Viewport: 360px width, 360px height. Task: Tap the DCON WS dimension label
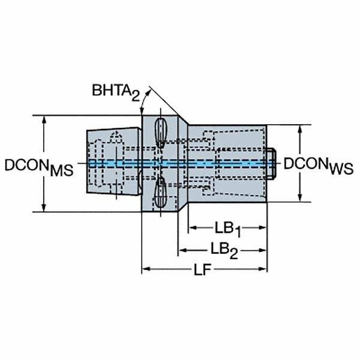point(318,164)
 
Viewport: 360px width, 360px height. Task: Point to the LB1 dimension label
point(227,229)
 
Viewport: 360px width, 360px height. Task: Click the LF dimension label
point(204,269)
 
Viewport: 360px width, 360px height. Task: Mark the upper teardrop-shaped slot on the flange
point(161,132)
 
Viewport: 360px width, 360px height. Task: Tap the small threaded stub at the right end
point(272,163)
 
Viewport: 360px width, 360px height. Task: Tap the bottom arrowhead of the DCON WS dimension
point(300,197)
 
